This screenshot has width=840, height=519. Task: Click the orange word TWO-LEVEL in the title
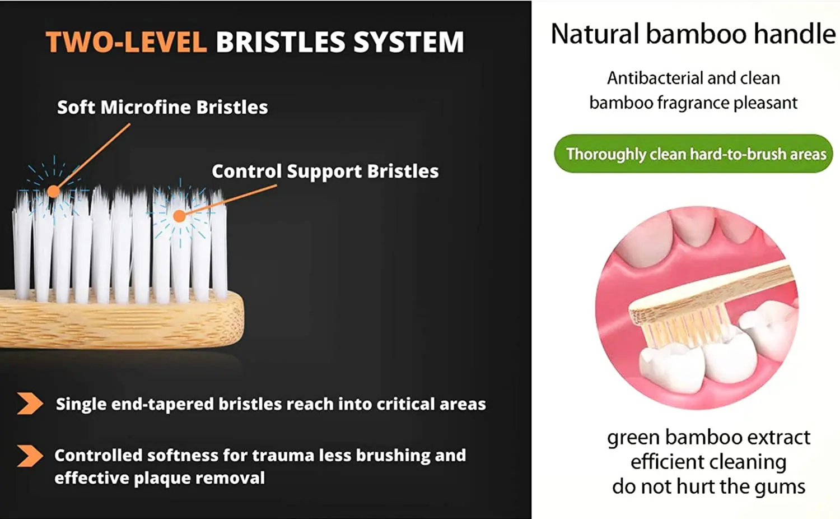coord(126,43)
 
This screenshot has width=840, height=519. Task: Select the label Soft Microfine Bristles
coord(162,107)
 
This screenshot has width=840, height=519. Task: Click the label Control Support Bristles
coord(325,171)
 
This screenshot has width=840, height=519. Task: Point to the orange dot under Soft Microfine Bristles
coord(53,192)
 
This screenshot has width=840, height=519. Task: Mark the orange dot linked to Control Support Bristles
coord(179,216)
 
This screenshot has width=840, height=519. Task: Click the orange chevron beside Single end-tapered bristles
coord(30,404)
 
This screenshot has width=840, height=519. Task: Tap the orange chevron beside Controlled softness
coord(30,456)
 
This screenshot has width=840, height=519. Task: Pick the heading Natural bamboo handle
coord(693,34)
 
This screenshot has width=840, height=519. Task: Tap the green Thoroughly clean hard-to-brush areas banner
coord(693,154)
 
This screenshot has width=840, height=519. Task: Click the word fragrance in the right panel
coord(692,103)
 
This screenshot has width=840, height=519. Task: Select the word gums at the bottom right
coord(781,486)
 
